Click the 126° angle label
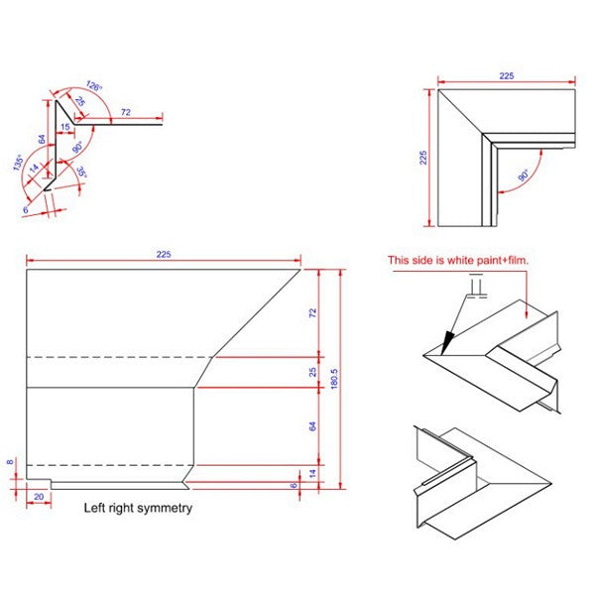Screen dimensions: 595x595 94,86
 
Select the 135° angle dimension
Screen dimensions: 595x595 18,163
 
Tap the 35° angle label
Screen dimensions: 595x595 82,172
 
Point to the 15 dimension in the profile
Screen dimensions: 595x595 65,127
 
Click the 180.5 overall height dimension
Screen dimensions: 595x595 334,379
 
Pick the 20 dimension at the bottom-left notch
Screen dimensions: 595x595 39,497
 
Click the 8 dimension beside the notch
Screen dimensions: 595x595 10,462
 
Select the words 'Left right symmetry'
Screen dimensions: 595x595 138,508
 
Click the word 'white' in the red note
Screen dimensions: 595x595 459,260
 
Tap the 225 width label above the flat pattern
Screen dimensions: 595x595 164,254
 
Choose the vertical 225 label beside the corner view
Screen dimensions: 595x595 423,158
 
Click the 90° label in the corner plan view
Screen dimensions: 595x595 524,176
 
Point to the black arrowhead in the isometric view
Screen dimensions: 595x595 448,342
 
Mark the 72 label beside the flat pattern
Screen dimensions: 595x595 312,313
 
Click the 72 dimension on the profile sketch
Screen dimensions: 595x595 126,112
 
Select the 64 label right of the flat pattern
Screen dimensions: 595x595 312,426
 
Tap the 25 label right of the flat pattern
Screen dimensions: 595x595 312,372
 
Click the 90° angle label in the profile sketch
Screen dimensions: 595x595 77,147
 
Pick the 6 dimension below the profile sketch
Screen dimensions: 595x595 26,210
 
